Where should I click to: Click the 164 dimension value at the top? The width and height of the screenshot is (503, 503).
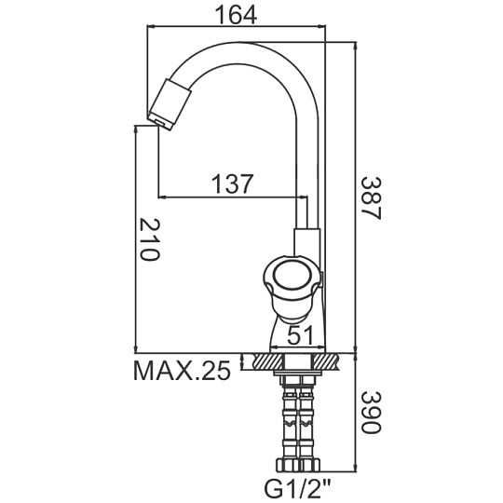[236, 15]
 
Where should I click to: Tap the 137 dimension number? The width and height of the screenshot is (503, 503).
[233, 184]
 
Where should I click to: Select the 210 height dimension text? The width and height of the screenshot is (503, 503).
[150, 240]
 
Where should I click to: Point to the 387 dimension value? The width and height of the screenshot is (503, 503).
[372, 198]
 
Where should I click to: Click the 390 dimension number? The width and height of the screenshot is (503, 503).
[372, 412]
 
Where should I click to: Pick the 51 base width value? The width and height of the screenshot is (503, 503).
[300, 335]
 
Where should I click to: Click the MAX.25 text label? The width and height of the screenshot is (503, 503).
[182, 370]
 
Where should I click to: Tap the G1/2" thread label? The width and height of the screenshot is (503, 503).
[297, 489]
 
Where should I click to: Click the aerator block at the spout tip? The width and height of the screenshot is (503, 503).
[169, 103]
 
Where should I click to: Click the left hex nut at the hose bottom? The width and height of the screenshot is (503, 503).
[288, 464]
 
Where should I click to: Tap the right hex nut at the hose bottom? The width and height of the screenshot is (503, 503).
[310, 464]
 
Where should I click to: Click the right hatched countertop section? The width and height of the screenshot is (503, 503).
[326, 361]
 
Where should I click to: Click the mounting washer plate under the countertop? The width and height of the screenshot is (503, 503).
[298, 374]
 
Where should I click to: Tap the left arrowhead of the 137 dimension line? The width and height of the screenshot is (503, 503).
[162, 197]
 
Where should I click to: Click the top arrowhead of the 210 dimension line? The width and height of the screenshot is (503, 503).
[136, 129]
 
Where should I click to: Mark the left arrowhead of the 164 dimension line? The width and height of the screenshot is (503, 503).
[151, 27]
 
